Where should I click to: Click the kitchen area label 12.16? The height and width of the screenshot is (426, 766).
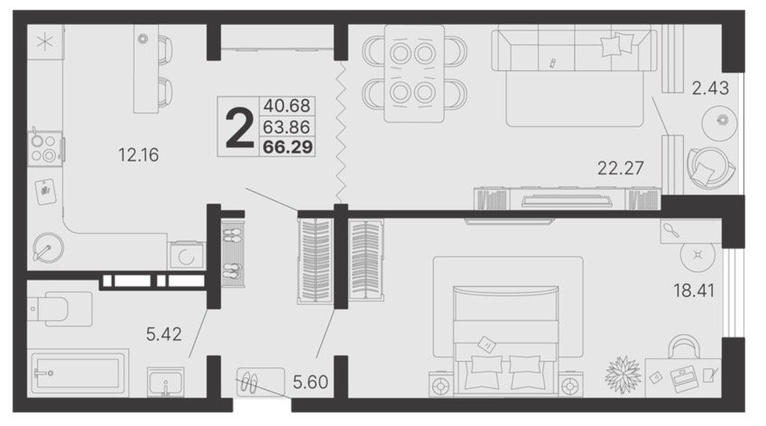click(138, 155)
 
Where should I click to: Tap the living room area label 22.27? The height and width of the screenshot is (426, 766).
click(621, 168)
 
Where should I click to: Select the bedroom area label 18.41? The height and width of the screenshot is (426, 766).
click(694, 291)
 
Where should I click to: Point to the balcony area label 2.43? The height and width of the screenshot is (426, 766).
click(710, 88)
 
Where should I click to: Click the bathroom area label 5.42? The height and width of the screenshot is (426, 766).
click(163, 334)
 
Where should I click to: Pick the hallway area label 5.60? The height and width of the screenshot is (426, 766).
click(310, 382)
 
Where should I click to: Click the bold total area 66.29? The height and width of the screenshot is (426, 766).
click(288, 147)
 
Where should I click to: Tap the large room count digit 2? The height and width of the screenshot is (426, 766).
click(239, 128)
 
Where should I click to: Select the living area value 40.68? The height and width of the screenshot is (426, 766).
click(287, 106)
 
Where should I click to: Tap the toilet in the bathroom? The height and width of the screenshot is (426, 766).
click(60, 309)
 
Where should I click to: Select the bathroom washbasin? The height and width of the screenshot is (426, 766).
click(166, 382)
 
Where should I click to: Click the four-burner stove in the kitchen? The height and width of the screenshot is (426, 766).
click(44, 149)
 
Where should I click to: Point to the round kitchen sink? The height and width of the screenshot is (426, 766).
click(48, 247)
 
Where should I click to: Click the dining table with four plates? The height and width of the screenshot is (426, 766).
click(414, 73)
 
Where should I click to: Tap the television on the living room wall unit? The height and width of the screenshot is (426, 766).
click(568, 200)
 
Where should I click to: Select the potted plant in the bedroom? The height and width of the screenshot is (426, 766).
click(623, 375)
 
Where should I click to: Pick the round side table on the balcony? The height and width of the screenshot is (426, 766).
click(719, 121)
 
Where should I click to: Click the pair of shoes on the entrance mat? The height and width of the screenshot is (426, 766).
click(249, 383)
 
